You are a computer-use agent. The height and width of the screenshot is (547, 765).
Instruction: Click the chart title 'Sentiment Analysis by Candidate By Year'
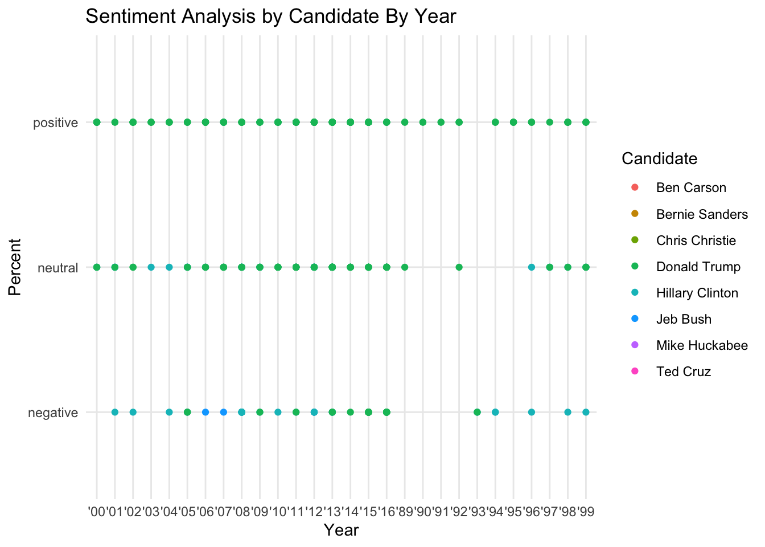(x=270, y=17)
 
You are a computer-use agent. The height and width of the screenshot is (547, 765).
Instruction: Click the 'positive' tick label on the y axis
(x=55, y=123)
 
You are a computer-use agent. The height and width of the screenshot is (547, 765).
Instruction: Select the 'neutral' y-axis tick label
(x=57, y=267)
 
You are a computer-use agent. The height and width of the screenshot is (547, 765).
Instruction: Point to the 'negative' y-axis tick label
(x=53, y=413)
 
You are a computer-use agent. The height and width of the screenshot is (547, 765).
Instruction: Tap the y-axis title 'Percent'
(x=15, y=267)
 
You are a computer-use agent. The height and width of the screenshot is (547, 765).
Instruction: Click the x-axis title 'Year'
(x=341, y=530)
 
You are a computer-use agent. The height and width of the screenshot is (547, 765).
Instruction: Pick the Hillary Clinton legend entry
(x=697, y=293)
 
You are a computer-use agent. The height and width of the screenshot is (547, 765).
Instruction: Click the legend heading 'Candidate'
(x=659, y=158)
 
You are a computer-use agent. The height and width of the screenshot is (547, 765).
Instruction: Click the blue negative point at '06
(x=205, y=412)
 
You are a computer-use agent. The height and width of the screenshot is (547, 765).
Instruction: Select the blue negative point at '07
(x=224, y=412)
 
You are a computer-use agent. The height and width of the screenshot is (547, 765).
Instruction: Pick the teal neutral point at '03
(x=151, y=267)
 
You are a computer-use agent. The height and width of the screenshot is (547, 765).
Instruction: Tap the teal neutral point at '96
(x=532, y=267)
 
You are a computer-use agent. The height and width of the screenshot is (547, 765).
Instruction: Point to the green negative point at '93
(x=477, y=412)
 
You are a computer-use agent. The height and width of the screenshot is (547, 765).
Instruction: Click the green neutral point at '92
(x=459, y=267)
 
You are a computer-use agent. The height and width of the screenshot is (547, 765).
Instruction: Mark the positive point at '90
(x=423, y=122)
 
